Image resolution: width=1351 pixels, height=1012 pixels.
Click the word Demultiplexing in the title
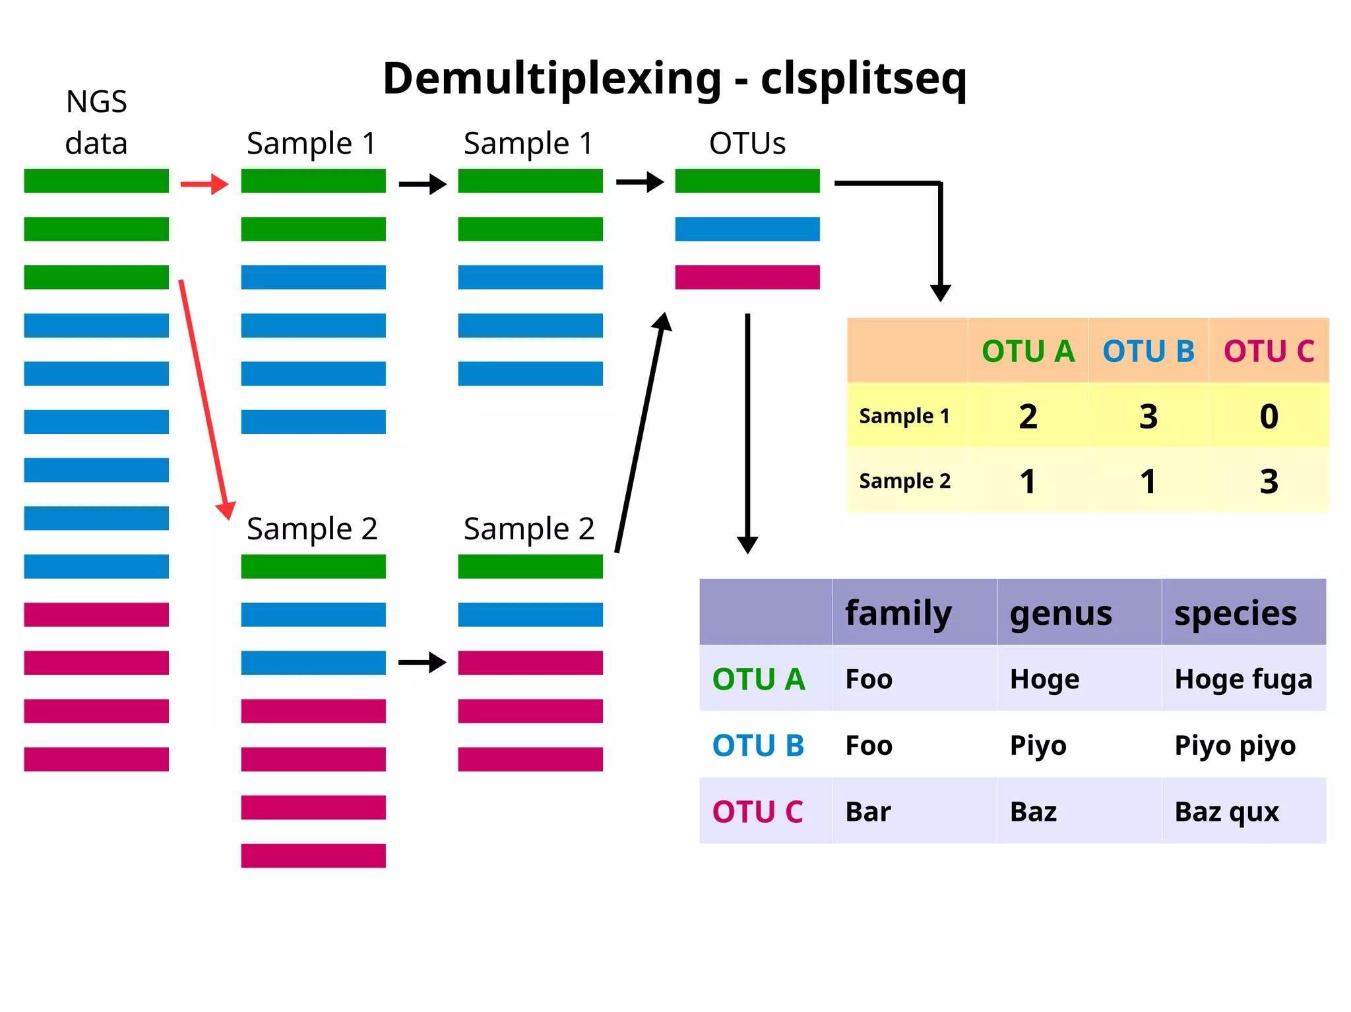(551, 79)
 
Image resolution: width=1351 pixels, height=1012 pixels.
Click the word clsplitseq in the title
(864, 79)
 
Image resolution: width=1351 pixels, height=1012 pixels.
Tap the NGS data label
(96, 123)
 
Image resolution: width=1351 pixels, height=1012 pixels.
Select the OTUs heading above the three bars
(747, 143)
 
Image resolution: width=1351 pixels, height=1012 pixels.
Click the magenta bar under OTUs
(747, 277)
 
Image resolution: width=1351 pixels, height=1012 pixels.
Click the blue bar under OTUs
(747, 229)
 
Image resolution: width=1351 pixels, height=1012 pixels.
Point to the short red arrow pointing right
(204, 184)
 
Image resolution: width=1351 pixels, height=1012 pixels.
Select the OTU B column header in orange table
(1148, 351)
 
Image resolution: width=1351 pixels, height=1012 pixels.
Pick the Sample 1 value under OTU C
(1269, 416)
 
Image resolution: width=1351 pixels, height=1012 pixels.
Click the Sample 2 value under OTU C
(1269, 481)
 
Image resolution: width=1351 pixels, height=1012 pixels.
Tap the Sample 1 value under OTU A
(1028, 416)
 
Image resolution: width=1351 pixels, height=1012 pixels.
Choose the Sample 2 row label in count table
(904, 481)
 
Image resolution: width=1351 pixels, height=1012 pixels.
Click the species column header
(1235, 612)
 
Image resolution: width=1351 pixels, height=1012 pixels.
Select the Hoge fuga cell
(1243, 679)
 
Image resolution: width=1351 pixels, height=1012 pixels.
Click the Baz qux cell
(1226, 812)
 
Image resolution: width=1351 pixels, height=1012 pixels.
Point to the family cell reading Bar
(867, 812)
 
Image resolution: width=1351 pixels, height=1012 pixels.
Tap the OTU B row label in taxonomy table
(758, 746)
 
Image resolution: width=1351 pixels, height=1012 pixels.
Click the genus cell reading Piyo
(1038, 746)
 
